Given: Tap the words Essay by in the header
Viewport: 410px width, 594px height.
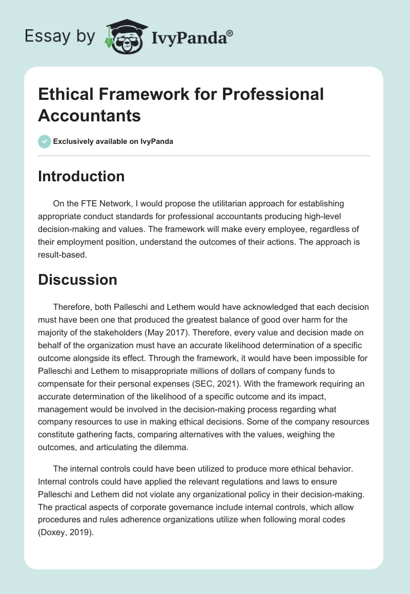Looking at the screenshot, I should [60, 37].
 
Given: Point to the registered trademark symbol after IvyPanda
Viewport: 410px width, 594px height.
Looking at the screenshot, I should [230, 33].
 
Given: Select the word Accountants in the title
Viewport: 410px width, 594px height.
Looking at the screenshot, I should [90, 115].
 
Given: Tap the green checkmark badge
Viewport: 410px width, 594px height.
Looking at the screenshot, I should [45, 141].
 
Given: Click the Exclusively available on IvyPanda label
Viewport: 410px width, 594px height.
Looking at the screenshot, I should [113, 141].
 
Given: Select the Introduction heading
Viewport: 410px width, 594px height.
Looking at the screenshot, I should [81, 176].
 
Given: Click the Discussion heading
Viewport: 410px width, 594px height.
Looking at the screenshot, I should [77, 280].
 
